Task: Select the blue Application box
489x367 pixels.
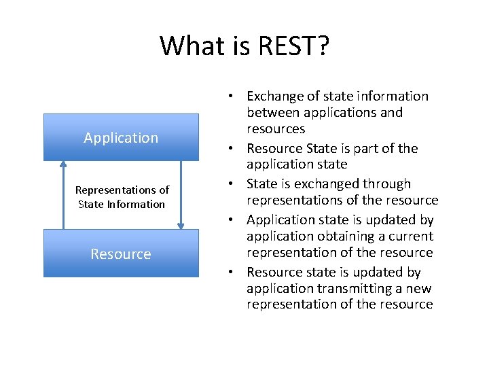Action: (121, 137)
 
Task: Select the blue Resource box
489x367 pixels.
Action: (121, 254)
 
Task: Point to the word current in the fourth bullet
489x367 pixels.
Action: (408, 237)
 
